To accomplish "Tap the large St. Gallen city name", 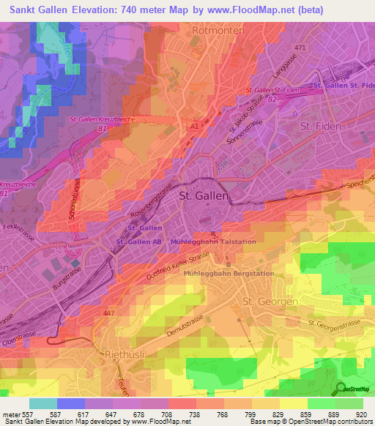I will coord(204,197).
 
